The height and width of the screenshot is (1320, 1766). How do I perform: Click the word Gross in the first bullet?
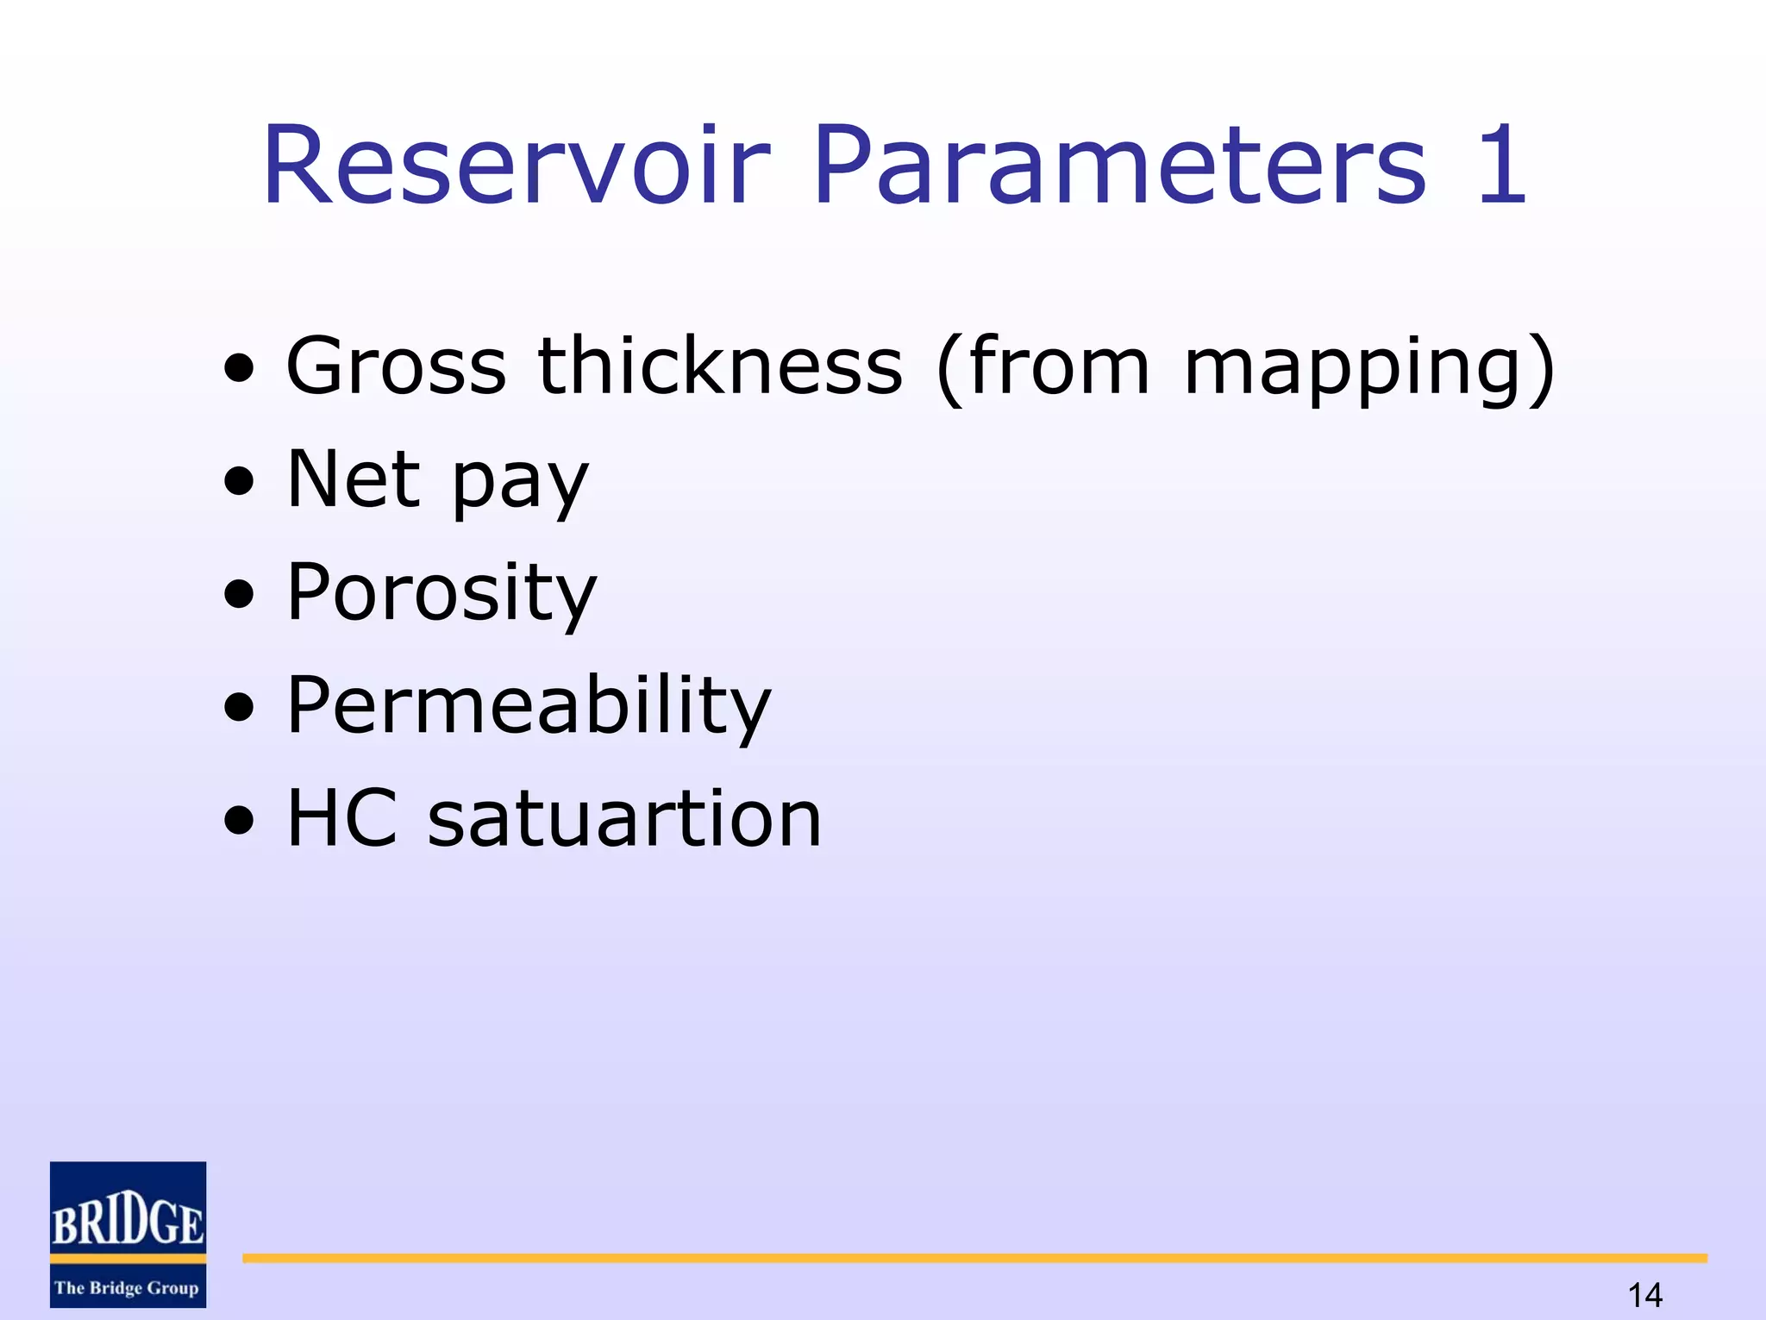(396, 366)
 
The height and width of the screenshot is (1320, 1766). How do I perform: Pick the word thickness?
(720, 366)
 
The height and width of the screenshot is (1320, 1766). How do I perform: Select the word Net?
(354, 479)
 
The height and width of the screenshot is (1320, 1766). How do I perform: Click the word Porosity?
(441, 593)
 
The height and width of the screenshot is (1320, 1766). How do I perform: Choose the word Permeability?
(529, 706)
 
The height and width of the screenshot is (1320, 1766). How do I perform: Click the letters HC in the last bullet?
(342, 818)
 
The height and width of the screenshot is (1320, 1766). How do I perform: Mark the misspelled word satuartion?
(624, 818)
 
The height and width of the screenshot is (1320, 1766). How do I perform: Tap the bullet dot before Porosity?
(239, 595)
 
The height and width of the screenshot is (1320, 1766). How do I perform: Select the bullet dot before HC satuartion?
(239, 821)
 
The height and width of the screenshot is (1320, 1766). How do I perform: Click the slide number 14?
(1644, 1294)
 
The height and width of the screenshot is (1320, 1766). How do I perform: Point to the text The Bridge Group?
(127, 1288)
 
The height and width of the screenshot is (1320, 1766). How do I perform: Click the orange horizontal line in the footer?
(974, 1259)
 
